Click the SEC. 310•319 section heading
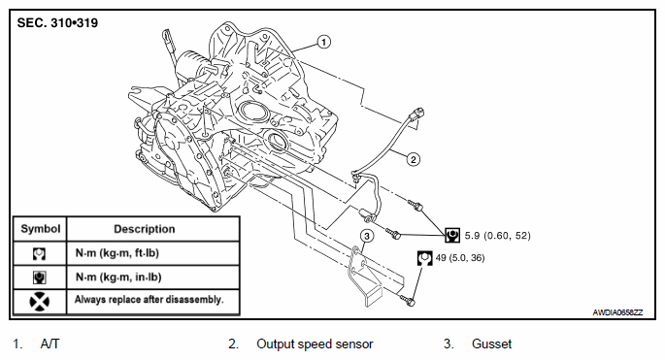(57, 22)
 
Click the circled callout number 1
(323, 42)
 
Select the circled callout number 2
(414, 159)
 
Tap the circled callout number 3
(367, 236)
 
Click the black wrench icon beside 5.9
(452, 235)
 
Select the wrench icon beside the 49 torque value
(425, 258)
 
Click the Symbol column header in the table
(41, 229)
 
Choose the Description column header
(145, 229)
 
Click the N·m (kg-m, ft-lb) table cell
(117, 253)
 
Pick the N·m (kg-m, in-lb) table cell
(118, 278)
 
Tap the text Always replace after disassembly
(149, 300)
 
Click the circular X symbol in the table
(40, 302)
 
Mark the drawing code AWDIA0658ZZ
(617, 312)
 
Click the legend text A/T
(50, 344)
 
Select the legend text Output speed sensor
(315, 344)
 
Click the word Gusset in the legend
(491, 344)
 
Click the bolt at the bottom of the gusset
(408, 301)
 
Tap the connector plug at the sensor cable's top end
(416, 115)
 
